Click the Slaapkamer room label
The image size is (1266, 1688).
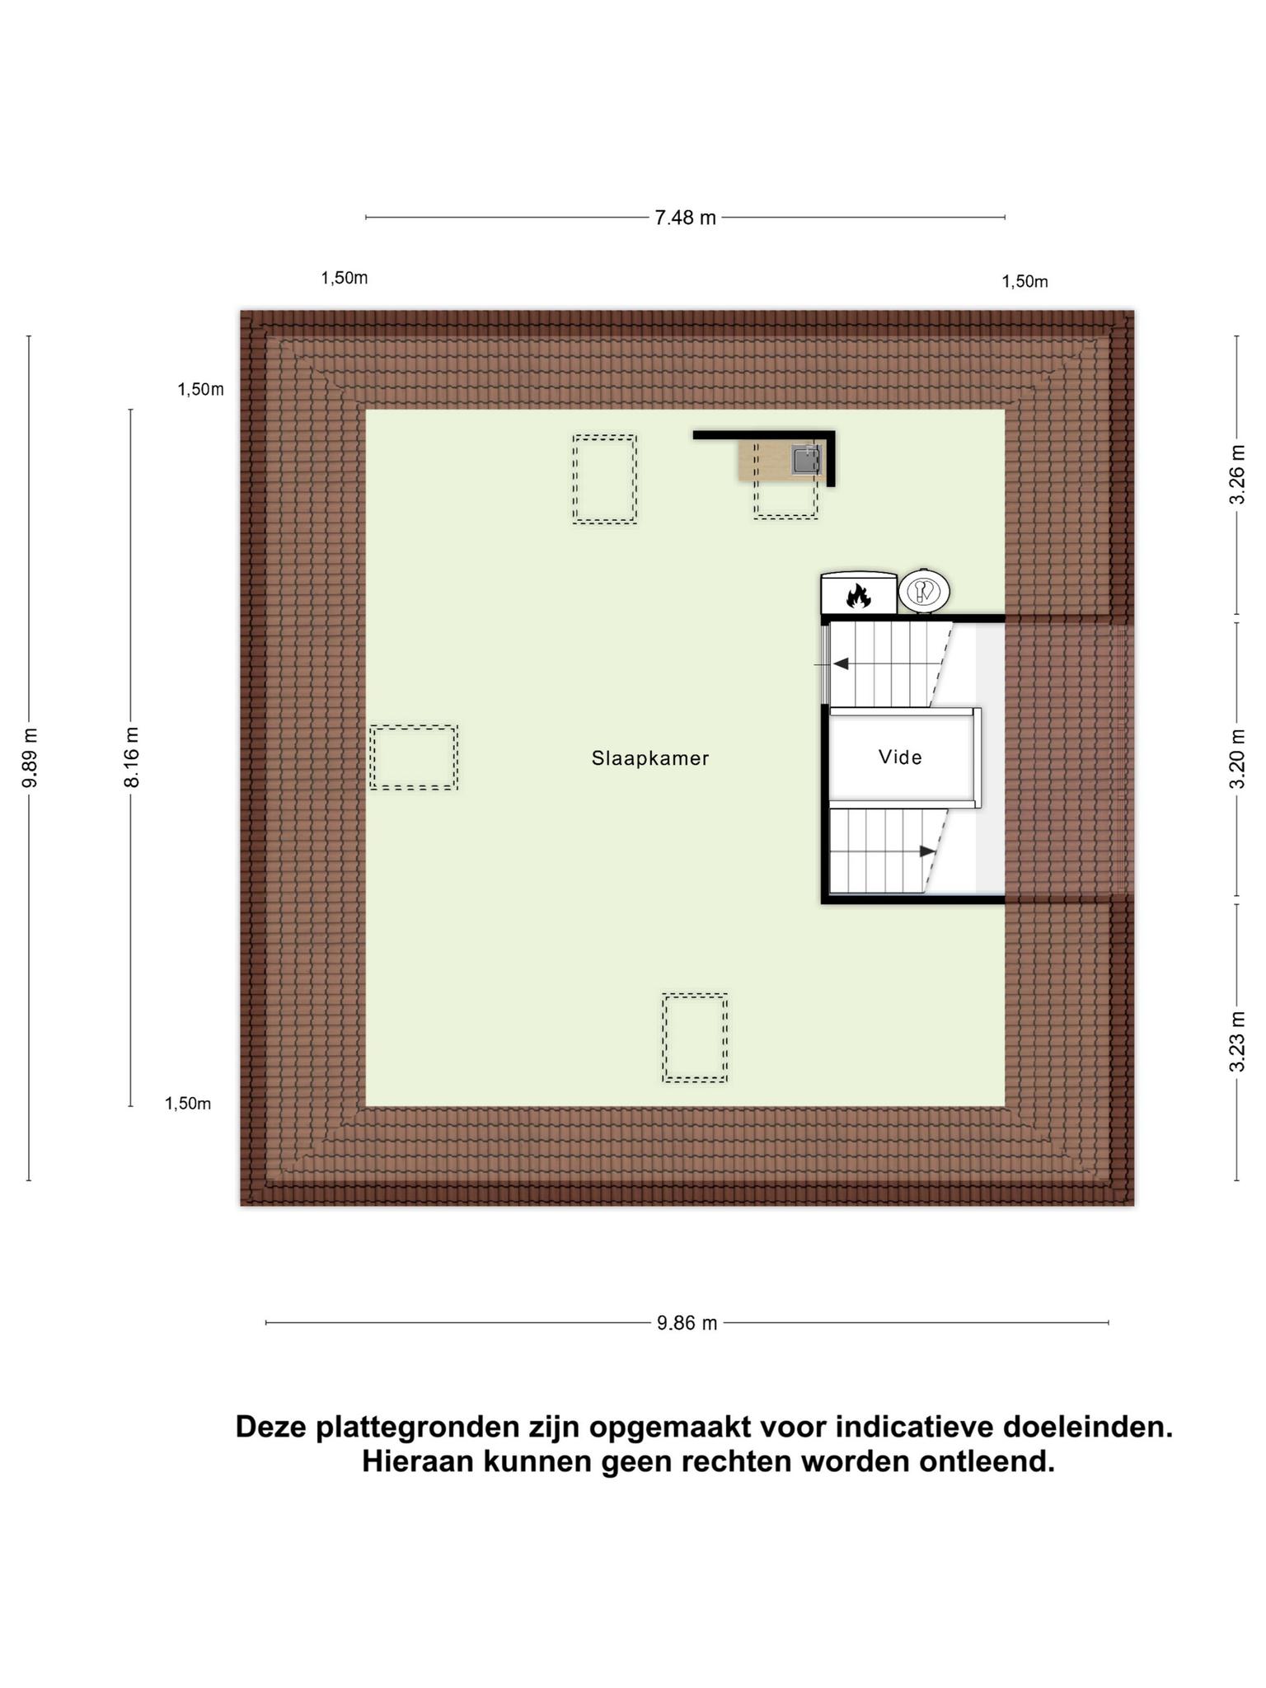650,758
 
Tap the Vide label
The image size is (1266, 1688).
900,757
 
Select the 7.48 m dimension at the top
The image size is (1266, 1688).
685,218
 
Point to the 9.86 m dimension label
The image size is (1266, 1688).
687,1323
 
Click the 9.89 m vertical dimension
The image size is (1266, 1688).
30,757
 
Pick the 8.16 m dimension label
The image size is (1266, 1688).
131,757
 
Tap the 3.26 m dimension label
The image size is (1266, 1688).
1236,475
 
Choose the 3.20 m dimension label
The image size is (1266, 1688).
1236,758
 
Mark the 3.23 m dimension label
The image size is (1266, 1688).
1236,1042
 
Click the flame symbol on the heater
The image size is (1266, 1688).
858,596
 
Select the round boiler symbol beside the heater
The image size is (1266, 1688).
924,590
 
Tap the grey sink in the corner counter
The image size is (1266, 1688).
806,460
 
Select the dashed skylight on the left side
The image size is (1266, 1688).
414,757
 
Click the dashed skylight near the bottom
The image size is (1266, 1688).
695,1038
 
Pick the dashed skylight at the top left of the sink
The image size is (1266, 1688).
605,479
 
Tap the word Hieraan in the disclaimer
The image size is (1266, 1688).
416,1462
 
